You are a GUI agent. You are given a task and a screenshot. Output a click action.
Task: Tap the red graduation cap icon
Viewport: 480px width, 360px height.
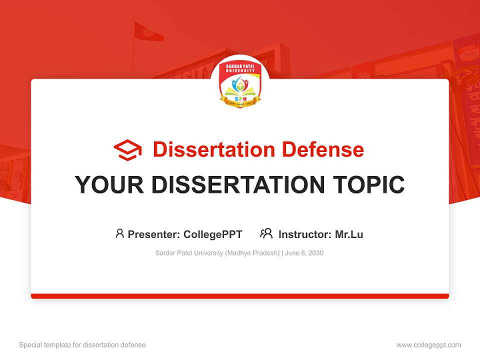[127, 149]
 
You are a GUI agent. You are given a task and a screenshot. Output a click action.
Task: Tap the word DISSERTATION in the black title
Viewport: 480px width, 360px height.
[233, 185]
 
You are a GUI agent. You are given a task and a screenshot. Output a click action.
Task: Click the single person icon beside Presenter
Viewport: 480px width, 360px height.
[119, 233]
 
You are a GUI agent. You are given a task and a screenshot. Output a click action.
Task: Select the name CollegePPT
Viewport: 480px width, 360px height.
[213, 234]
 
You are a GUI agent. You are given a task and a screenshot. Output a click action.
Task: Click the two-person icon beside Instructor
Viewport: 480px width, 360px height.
[266, 233]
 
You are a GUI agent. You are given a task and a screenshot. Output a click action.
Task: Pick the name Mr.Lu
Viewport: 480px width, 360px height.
[349, 234]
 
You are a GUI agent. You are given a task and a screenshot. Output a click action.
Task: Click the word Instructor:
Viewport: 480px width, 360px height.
[304, 234]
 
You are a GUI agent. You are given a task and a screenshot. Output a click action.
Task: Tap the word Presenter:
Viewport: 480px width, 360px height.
[153, 234]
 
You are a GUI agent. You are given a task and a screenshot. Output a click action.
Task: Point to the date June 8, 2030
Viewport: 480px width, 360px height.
[304, 253]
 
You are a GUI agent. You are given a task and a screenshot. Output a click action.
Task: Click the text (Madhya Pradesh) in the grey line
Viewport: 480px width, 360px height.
[252, 253]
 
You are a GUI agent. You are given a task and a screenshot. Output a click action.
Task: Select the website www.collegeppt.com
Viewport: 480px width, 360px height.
[428, 345]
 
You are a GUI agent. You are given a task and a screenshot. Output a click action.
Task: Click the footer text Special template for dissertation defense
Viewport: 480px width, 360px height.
[82, 345]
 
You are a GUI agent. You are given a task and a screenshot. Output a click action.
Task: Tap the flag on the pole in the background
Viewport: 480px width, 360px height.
[148, 32]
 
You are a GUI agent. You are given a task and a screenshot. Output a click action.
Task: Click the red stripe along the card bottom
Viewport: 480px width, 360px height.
[240, 296]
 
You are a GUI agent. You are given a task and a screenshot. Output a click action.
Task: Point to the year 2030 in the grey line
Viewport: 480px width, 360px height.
[315, 253]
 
